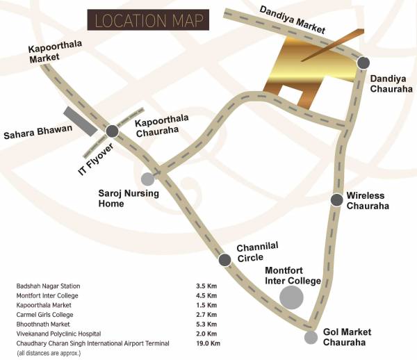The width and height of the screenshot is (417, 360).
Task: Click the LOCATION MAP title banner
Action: click(x=147, y=20)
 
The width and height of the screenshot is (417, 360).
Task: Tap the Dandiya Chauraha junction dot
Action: click(x=363, y=63)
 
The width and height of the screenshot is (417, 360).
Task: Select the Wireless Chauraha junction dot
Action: click(x=336, y=200)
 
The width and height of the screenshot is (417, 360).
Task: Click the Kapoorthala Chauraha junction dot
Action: click(x=111, y=131)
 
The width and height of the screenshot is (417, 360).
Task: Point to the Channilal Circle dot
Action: click(x=224, y=260)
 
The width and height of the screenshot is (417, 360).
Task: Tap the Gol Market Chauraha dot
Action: click(x=311, y=338)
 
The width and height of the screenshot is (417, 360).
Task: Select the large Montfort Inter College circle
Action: click(x=291, y=298)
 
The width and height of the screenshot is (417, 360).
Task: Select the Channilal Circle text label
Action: click(x=255, y=252)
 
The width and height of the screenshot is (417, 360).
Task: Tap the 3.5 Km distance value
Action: click(x=207, y=286)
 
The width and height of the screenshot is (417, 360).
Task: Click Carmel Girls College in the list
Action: click(x=46, y=314)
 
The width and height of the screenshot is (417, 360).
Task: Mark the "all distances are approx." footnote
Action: click(x=49, y=353)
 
